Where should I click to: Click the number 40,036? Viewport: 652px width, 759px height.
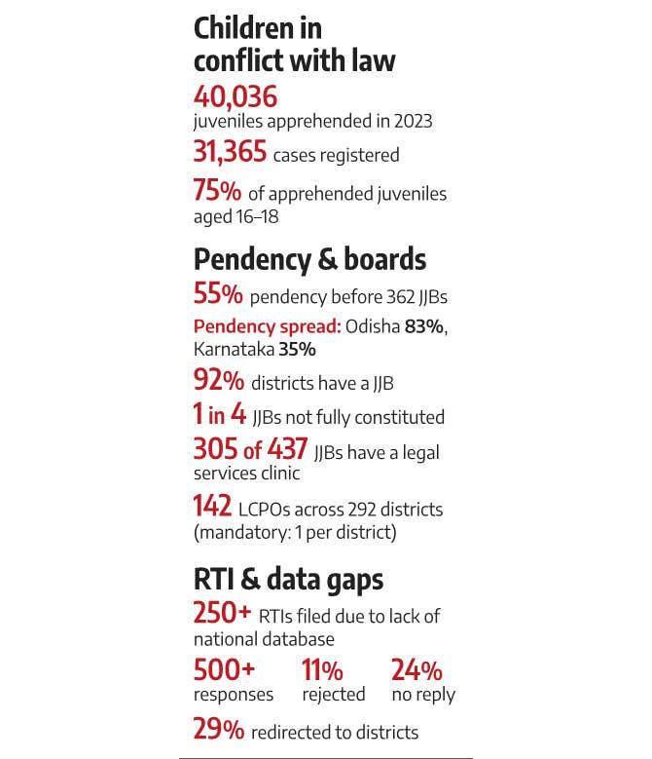click(x=235, y=96)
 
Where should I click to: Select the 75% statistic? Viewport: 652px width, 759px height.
click(x=217, y=191)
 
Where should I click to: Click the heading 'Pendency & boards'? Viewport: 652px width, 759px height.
click(x=309, y=259)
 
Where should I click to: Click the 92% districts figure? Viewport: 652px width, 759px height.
click(x=218, y=382)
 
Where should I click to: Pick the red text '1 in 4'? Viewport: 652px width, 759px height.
click(x=220, y=416)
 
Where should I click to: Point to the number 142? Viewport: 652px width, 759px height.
click(x=213, y=507)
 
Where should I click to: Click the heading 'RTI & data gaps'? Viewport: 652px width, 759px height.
click(x=288, y=579)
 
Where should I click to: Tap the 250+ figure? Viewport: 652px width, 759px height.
click(x=223, y=614)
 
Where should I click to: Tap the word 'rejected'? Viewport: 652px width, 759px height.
click(x=334, y=694)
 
